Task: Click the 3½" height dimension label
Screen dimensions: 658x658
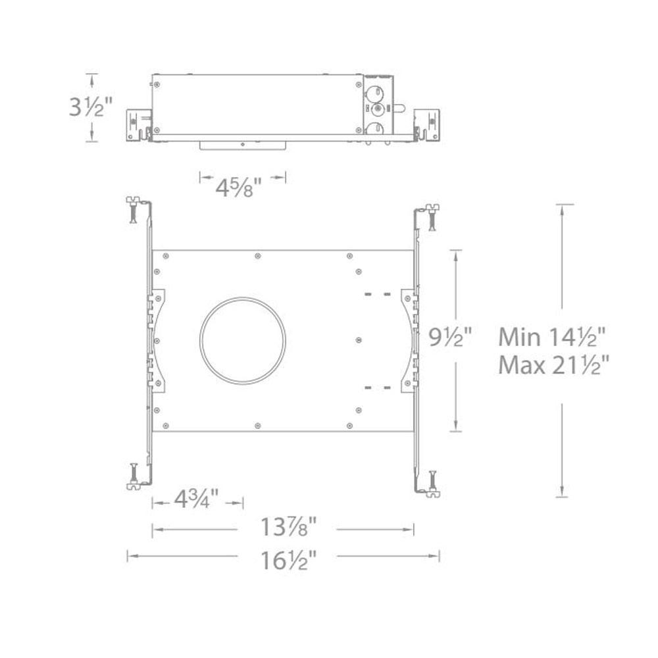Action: pyautogui.click(x=91, y=107)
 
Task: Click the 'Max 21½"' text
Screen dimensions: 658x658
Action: pyautogui.click(x=553, y=365)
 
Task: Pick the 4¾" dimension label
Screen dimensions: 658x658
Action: pyautogui.click(x=196, y=499)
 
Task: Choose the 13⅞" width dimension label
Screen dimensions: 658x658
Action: pyautogui.click(x=288, y=526)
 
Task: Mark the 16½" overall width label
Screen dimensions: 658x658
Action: pyautogui.click(x=288, y=560)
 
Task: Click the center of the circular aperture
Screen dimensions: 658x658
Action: pyautogui.click(x=243, y=340)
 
